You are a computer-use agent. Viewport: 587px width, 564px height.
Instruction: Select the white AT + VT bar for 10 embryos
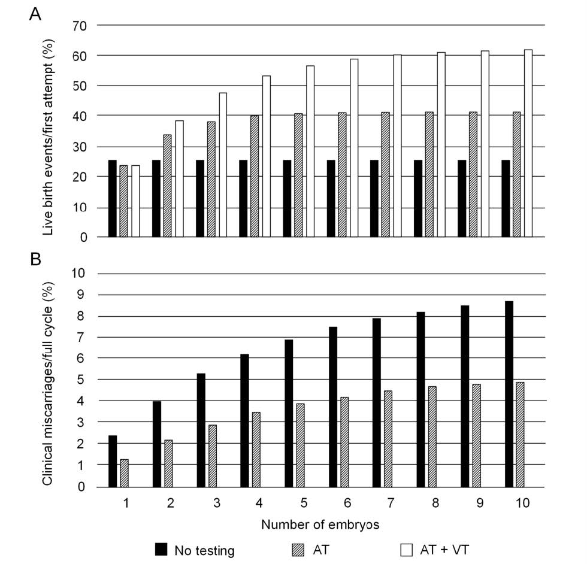pyautogui.click(x=528, y=144)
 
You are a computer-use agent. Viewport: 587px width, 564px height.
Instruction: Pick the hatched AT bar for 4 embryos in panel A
pyautogui.click(x=255, y=177)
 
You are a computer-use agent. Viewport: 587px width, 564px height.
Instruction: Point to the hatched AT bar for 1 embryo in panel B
pyautogui.click(x=124, y=473)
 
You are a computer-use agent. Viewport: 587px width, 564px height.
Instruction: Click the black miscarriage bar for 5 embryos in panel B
pyautogui.click(x=288, y=413)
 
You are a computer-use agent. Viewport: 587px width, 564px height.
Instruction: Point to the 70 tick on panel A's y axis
pyautogui.click(x=81, y=26)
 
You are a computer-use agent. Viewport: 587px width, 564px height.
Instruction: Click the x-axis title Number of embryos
pyautogui.click(x=319, y=525)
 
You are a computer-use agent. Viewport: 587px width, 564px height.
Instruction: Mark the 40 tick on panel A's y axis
pyautogui.click(x=81, y=115)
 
